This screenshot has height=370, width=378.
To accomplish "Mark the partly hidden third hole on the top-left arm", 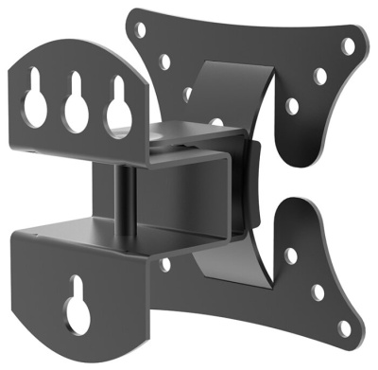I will tap(188, 95).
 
